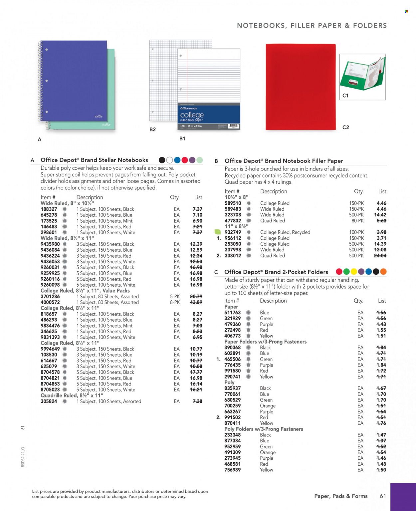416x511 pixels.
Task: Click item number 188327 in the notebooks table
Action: point(49,209)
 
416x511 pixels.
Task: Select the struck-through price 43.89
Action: point(196,302)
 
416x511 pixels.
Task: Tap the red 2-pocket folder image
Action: point(301,87)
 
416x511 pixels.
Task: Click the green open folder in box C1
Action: point(362,74)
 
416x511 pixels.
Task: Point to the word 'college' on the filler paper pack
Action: point(192,115)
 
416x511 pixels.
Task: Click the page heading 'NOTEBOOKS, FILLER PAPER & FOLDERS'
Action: point(312,26)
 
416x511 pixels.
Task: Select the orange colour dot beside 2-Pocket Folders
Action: point(383,272)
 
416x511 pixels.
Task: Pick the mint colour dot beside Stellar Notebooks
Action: point(200,160)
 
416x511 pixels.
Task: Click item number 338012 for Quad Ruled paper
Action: point(233,256)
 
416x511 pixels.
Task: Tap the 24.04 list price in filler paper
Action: point(380,256)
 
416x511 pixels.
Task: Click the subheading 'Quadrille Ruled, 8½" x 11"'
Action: point(72,395)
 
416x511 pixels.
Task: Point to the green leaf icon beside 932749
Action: point(218,232)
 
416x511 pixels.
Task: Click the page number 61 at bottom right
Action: point(383,496)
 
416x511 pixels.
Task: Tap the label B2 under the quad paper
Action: point(152,129)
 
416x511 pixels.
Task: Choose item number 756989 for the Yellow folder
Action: point(233,470)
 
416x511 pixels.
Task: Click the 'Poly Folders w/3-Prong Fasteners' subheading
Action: point(264,429)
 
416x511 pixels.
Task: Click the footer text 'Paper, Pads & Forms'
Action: point(341,496)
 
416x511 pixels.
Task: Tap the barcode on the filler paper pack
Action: point(234,127)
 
